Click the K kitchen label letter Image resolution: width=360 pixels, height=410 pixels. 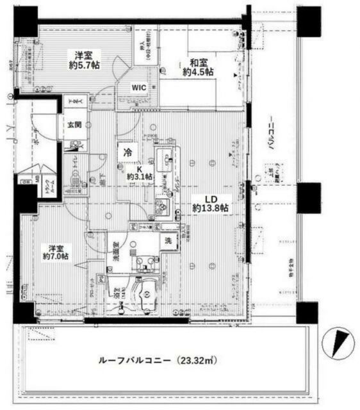point(139,168)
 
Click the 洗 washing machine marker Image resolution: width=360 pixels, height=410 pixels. point(167,242)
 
